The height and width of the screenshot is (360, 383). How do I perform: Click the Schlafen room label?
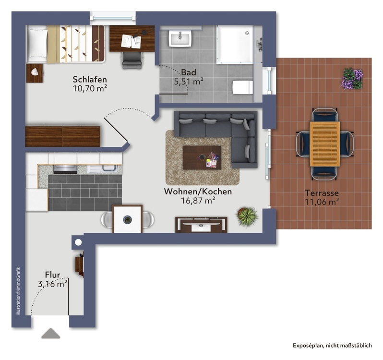(89, 79)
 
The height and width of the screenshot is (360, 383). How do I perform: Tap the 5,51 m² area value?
(188, 82)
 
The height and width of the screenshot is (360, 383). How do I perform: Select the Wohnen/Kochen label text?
(198, 192)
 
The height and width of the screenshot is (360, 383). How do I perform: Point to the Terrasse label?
(322, 193)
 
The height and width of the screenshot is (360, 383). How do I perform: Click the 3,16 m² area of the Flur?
(52, 284)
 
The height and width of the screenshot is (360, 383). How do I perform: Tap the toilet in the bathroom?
(242, 87)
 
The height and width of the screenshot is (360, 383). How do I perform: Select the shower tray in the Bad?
(234, 45)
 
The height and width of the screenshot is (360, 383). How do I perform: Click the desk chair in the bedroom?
(132, 59)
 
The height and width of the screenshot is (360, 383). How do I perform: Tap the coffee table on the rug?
(202, 157)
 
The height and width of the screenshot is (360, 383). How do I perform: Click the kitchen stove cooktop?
(64, 168)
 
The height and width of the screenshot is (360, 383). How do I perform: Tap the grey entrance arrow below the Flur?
(51, 334)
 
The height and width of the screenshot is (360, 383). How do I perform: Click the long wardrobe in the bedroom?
(62, 136)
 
